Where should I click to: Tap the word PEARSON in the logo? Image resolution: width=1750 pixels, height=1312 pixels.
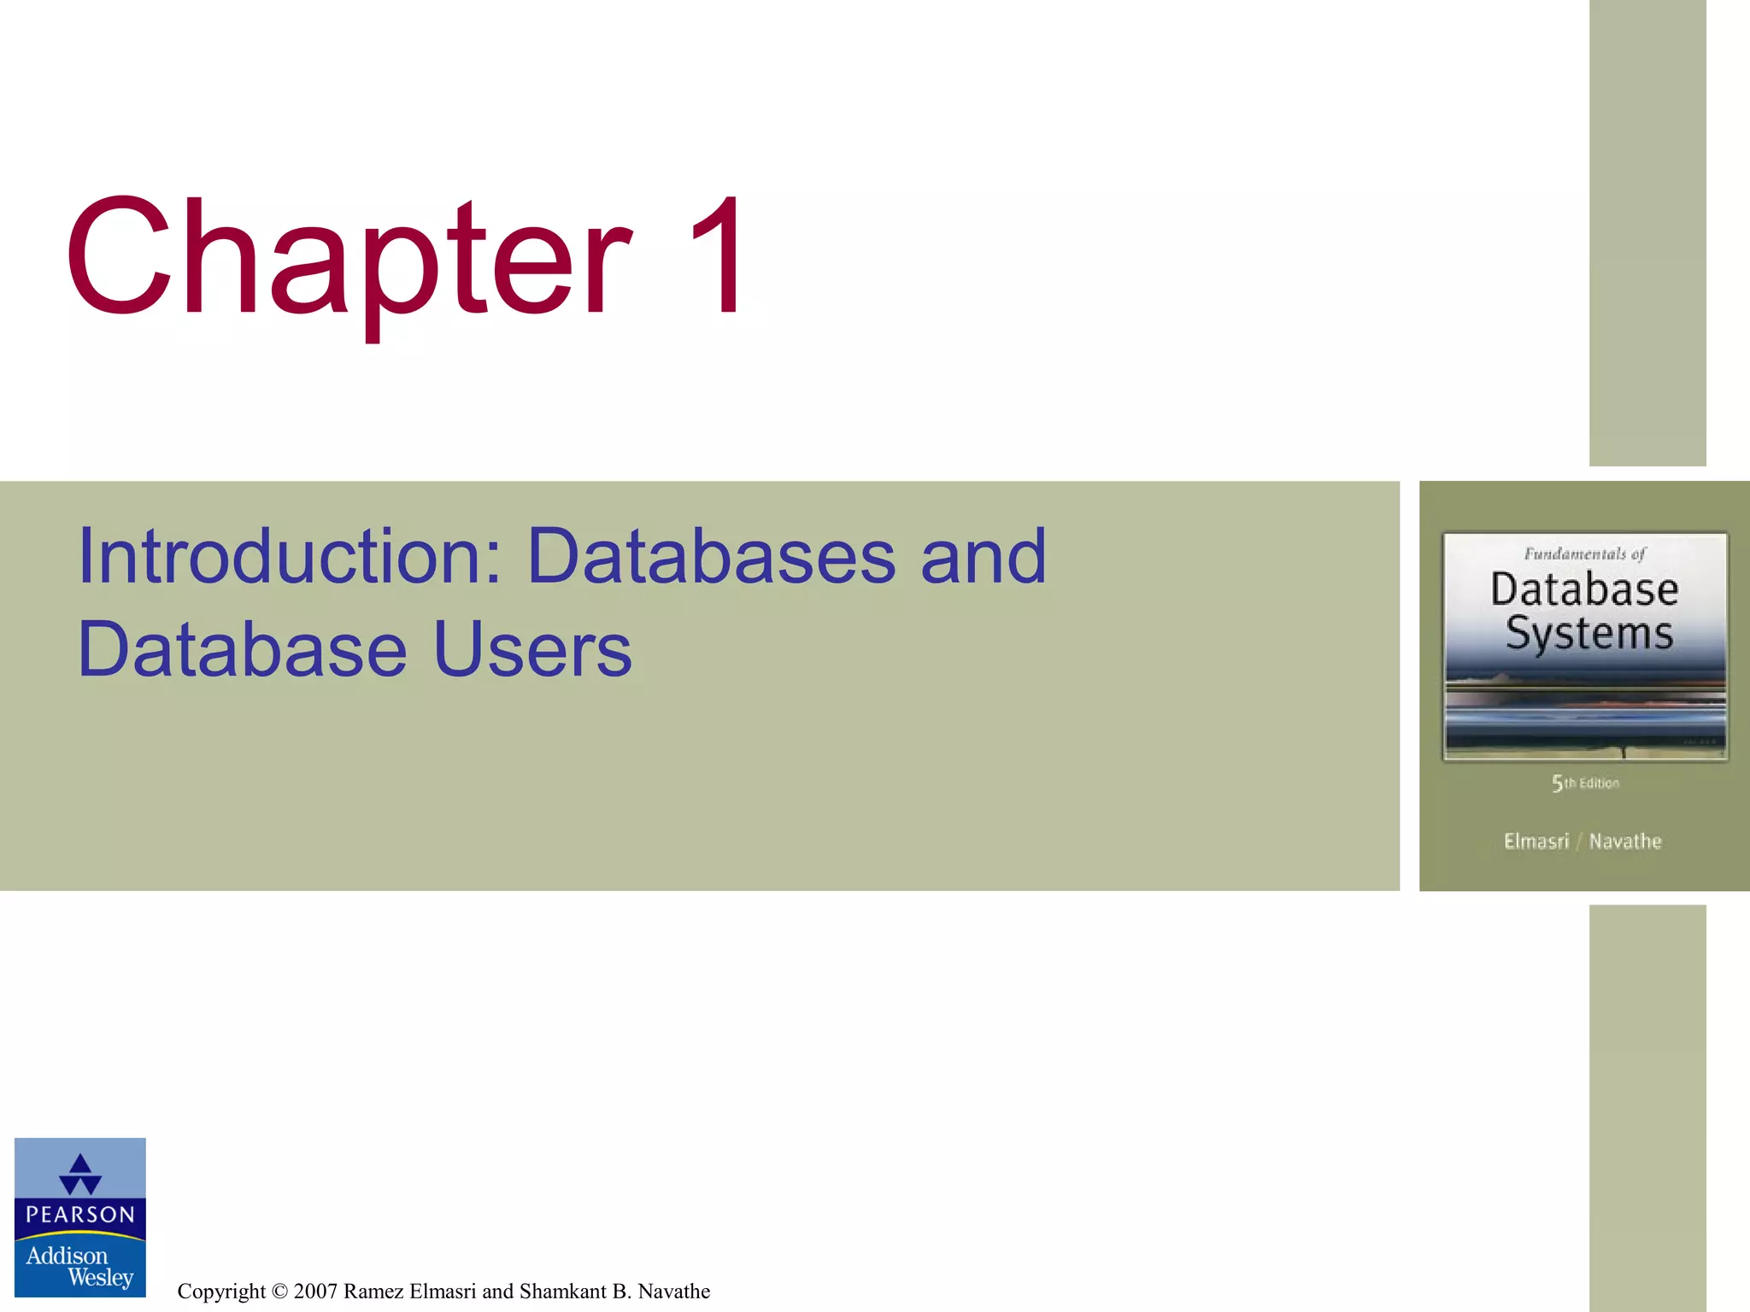coord(80,1215)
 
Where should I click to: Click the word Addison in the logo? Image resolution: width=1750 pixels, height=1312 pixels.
coord(67,1256)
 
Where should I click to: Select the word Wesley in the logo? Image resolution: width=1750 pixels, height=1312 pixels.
coord(101,1278)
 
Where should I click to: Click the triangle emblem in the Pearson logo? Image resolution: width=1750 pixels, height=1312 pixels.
coord(80,1174)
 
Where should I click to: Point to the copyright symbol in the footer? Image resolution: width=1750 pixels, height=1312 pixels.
coord(279,1291)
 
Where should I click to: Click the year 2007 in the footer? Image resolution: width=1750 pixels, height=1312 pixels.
coord(315,1291)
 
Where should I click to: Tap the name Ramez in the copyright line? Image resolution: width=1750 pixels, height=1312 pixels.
coord(373,1291)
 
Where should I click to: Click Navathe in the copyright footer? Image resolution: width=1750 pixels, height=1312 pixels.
coord(673,1291)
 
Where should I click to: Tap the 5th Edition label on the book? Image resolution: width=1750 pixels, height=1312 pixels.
coord(1585,783)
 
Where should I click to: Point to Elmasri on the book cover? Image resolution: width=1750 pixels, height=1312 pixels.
coord(1536,841)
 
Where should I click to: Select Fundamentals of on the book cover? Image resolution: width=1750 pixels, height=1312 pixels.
coord(1584,554)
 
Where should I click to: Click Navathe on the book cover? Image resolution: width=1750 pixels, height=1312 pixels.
coord(1625,841)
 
